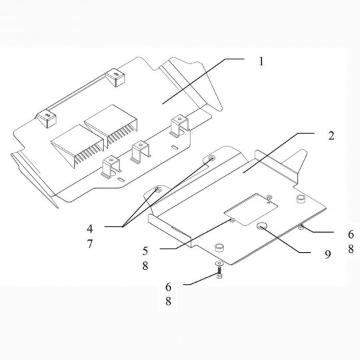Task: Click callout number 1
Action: (261, 61)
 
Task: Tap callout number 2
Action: (331, 136)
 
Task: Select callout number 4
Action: (90, 229)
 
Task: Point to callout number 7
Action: (90, 244)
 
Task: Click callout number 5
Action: (145, 251)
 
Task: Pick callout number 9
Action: (328, 255)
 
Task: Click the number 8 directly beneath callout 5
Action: (145, 266)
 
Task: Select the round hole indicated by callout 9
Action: (262, 227)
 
